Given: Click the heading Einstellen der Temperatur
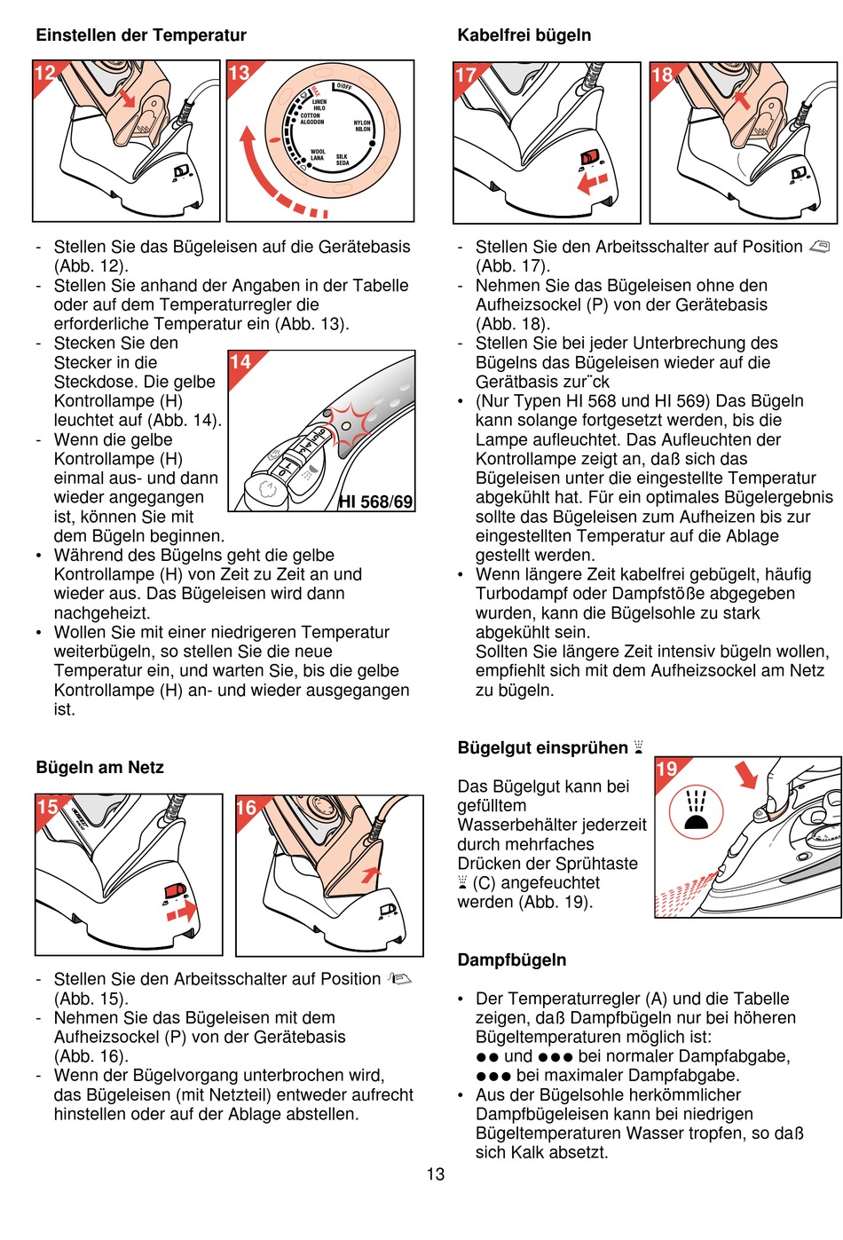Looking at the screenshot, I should pos(141,36).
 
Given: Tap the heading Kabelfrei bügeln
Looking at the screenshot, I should pos(524,36).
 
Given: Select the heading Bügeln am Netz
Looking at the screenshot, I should pos(99,768).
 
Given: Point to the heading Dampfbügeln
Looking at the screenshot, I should pos(511,960).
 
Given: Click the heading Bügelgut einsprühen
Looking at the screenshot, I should pos(542,748).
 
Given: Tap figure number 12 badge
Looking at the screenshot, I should pos(44,73).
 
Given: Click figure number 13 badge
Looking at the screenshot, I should pos(239,73).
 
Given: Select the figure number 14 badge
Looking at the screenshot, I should pos(240,362).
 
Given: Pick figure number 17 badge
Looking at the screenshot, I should pos(466,75).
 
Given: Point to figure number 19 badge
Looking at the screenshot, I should pos(666,770).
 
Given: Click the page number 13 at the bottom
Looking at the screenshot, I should pos(435,1174).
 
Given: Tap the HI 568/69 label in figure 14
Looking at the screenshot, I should pos(376,502).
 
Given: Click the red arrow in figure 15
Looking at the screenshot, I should pos(181,912).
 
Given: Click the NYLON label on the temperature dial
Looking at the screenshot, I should pos(362,123).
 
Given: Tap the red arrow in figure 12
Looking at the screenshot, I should pos(128,96).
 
